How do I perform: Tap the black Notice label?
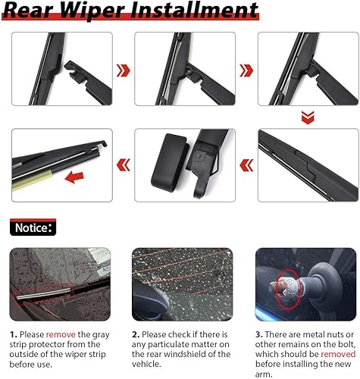(x=32, y=226)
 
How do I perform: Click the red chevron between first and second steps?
(x=123, y=70)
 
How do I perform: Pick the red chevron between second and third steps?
(x=246, y=70)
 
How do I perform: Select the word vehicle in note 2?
(x=150, y=364)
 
